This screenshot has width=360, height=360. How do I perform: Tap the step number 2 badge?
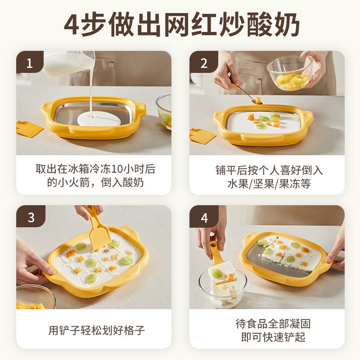tap(203, 63)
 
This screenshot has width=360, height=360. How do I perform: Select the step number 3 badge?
tap(30, 217)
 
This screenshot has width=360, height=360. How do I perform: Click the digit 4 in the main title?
tap(72, 26)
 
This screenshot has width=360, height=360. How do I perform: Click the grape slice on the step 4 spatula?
tap(217, 273)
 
